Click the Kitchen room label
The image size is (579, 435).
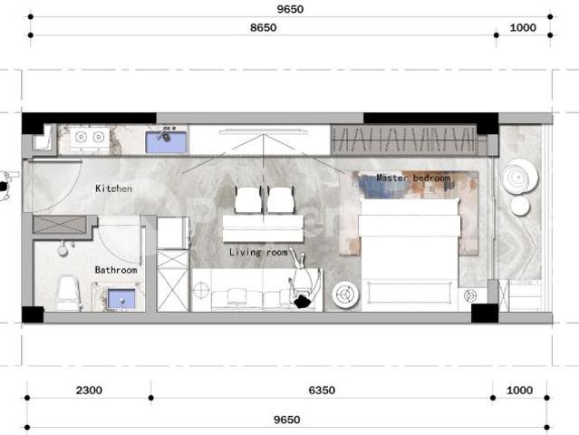coord(114,188)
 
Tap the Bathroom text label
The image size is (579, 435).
coord(116,270)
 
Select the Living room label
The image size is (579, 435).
coord(258,252)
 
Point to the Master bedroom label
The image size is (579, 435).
coord(413,179)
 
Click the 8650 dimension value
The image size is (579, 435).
coord(263,28)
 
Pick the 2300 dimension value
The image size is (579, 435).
coord(89,391)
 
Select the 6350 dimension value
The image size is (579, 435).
coord(322,391)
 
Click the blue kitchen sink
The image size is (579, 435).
coord(167,140)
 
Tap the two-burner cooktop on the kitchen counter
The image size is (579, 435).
coord(89,138)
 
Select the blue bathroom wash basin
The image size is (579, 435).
coord(121,297)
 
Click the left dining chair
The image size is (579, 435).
coord(248,199)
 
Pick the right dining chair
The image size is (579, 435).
coord(281,199)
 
